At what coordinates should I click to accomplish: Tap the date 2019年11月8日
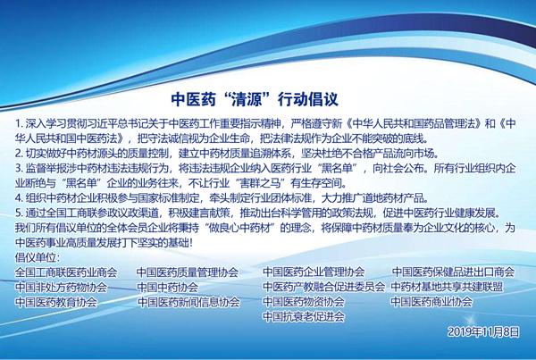482,332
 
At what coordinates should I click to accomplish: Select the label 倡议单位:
40,257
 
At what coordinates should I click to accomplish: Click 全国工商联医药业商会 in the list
66,272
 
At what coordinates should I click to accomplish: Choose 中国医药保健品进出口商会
453,272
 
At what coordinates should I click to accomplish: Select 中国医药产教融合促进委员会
324,288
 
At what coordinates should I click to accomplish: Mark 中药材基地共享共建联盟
447,288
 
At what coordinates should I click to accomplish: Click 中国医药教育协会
55,303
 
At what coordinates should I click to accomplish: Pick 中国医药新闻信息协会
188,303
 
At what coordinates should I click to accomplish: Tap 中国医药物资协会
303,302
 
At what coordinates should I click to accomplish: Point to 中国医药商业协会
431,303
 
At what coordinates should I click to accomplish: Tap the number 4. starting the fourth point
20,197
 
